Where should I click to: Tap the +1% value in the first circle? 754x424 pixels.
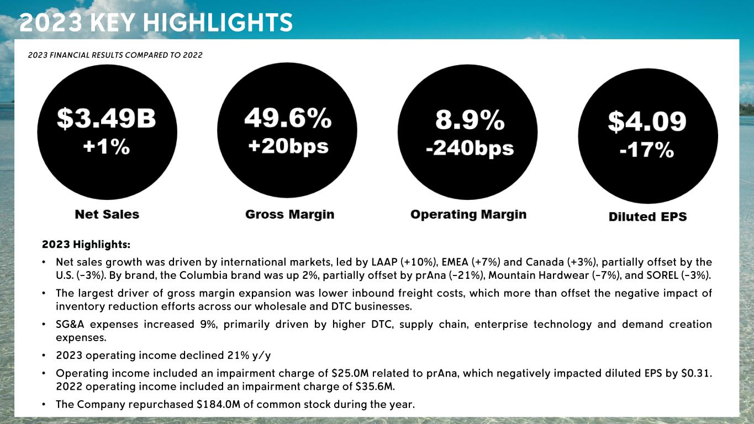pos(107,147)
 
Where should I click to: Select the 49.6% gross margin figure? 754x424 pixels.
pos(287,118)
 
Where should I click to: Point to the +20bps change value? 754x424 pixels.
pos(287,146)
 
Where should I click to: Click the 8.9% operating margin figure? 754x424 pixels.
pos(470,120)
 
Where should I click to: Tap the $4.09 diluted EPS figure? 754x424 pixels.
pos(647,121)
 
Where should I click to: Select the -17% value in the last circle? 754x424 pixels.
pos(647,150)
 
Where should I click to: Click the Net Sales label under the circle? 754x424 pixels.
pos(107,214)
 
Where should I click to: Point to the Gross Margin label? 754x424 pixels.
pos(290,214)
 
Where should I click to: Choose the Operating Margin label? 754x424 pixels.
pos(468,214)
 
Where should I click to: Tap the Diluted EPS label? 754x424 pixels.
pos(647,216)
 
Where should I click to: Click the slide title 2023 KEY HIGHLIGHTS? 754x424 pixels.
pos(156,23)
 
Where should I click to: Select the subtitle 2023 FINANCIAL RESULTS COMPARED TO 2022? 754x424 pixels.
pos(115,55)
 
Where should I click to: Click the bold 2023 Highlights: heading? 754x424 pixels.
pos(86,244)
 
